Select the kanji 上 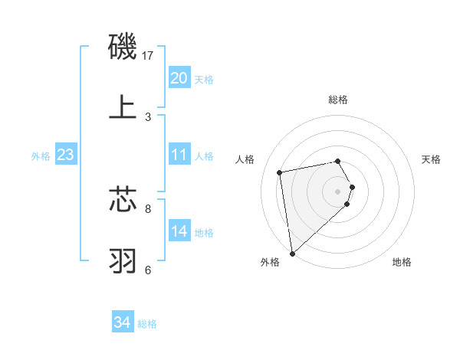[123, 107]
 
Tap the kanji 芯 [123, 198]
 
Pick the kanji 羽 [123, 260]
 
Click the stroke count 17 [148, 56]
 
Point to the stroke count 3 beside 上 [148, 116]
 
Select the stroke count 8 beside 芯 [148, 208]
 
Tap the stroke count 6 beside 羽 [148, 269]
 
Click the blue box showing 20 [179, 77]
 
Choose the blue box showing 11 [179, 155]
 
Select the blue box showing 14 [179, 231]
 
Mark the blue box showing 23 [66, 155]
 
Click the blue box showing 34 [123, 322]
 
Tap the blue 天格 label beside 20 [204, 79]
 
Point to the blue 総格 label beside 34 [147, 324]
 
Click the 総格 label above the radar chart [338, 100]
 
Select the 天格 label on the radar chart [432, 159]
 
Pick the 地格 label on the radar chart [402, 262]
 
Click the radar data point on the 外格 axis [291, 253]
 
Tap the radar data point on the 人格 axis [280, 172]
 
